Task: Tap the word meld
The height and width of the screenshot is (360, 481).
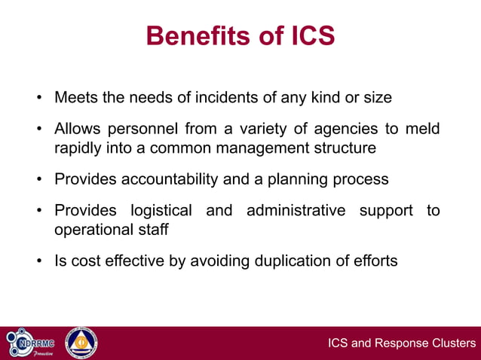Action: point(421,129)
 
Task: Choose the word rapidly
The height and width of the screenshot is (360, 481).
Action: point(79,148)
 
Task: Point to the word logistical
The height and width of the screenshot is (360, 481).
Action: point(161,210)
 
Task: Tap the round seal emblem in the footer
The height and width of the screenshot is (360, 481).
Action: point(80,343)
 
